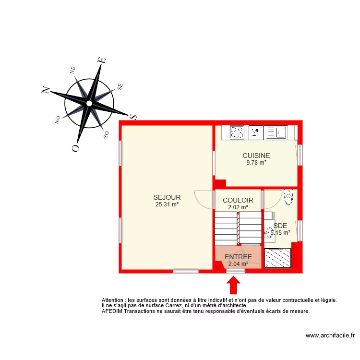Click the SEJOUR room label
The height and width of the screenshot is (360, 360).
(x=167, y=197)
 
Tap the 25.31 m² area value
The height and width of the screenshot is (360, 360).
(x=167, y=204)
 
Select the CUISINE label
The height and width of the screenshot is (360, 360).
(x=256, y=156)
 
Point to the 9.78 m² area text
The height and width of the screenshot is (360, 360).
(x=256, y=163)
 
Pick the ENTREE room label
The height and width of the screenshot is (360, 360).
(x=238, y=257)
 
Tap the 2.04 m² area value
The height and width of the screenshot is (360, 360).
(x=238, y=264)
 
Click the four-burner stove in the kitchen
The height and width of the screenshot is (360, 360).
(x=237, y=132)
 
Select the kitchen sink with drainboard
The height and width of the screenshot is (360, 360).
(x=276, y=132)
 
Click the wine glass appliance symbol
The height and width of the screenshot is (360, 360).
(x=255, y=132)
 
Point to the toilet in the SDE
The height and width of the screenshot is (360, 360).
(x=288, y=196)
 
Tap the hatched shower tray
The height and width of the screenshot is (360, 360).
(x=278, y=258)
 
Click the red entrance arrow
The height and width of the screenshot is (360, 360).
(x=234, y=285)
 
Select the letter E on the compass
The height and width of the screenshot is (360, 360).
(x=101, y=60)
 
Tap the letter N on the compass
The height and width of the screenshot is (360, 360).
(x=46, y=90)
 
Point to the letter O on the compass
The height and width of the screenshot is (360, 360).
(x=75, y=148)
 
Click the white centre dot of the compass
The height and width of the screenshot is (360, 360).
(x=89, y=103)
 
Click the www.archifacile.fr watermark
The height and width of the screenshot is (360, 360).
(x=330, y=336)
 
